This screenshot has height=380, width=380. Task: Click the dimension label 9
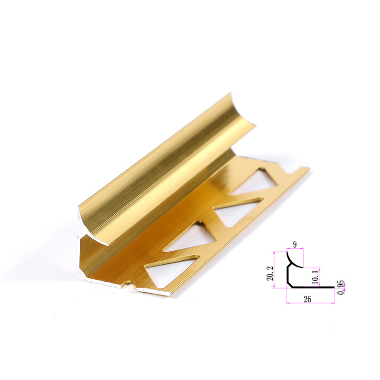pos(294,245)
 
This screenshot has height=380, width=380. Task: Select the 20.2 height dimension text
pos(270,273)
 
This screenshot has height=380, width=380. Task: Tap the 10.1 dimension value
pos(316,277)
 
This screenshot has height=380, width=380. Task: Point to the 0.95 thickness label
pos(341,288)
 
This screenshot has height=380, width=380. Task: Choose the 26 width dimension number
pos(307,299)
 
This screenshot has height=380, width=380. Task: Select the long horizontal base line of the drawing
pos(313,287)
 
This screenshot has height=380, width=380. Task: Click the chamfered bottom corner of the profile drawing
pos(290,285)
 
